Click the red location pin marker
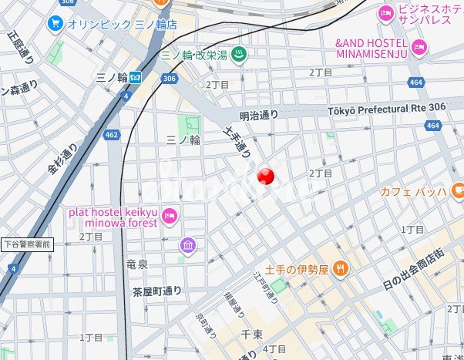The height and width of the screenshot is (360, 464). [265, 177]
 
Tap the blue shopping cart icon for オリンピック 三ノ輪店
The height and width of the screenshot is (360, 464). [55, 23]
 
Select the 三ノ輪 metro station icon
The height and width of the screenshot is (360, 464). [135, 77]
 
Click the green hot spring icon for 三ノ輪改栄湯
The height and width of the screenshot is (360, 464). [239, 55]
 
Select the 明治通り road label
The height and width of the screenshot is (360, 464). [258, 114]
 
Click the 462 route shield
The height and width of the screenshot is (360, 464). [112, 135]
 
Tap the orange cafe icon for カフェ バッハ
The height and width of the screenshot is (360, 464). [457, 189]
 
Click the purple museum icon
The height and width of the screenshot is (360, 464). [188, 246]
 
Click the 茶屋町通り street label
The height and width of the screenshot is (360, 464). [156, 291]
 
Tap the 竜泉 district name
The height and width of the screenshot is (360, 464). [136, 264]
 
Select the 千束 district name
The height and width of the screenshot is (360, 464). [253, 335]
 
